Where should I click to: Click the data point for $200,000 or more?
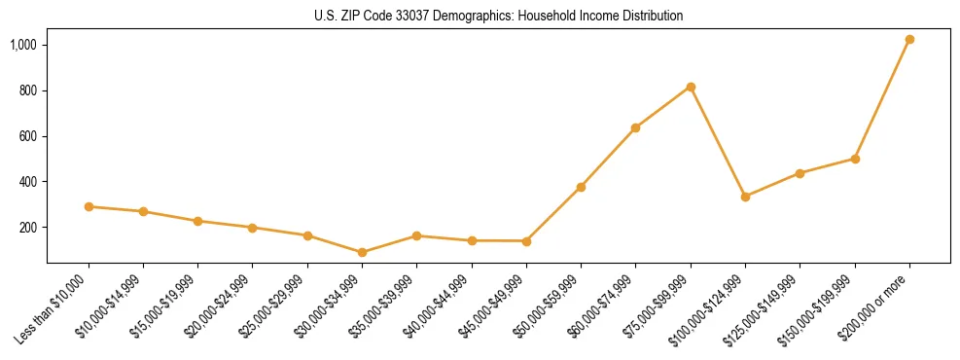point(909,40)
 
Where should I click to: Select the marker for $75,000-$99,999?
point(691,88)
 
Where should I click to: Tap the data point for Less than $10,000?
point(89,206)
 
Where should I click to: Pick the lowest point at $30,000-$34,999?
point(362,252)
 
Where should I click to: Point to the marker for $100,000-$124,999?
point(745,197)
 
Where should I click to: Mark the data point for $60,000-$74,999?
point(635,127)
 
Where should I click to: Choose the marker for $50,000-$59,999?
point(581,187)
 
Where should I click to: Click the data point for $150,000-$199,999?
point(855,159)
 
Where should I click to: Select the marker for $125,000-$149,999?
point(800,173)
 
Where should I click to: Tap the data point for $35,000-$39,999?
point(416,235)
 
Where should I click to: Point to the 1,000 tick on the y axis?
point(24,45)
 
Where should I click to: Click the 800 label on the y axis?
point(29,90)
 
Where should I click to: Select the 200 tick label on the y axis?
point(29,228)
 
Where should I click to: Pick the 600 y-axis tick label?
point(29,136)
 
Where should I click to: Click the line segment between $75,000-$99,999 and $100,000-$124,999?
point(718,142)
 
